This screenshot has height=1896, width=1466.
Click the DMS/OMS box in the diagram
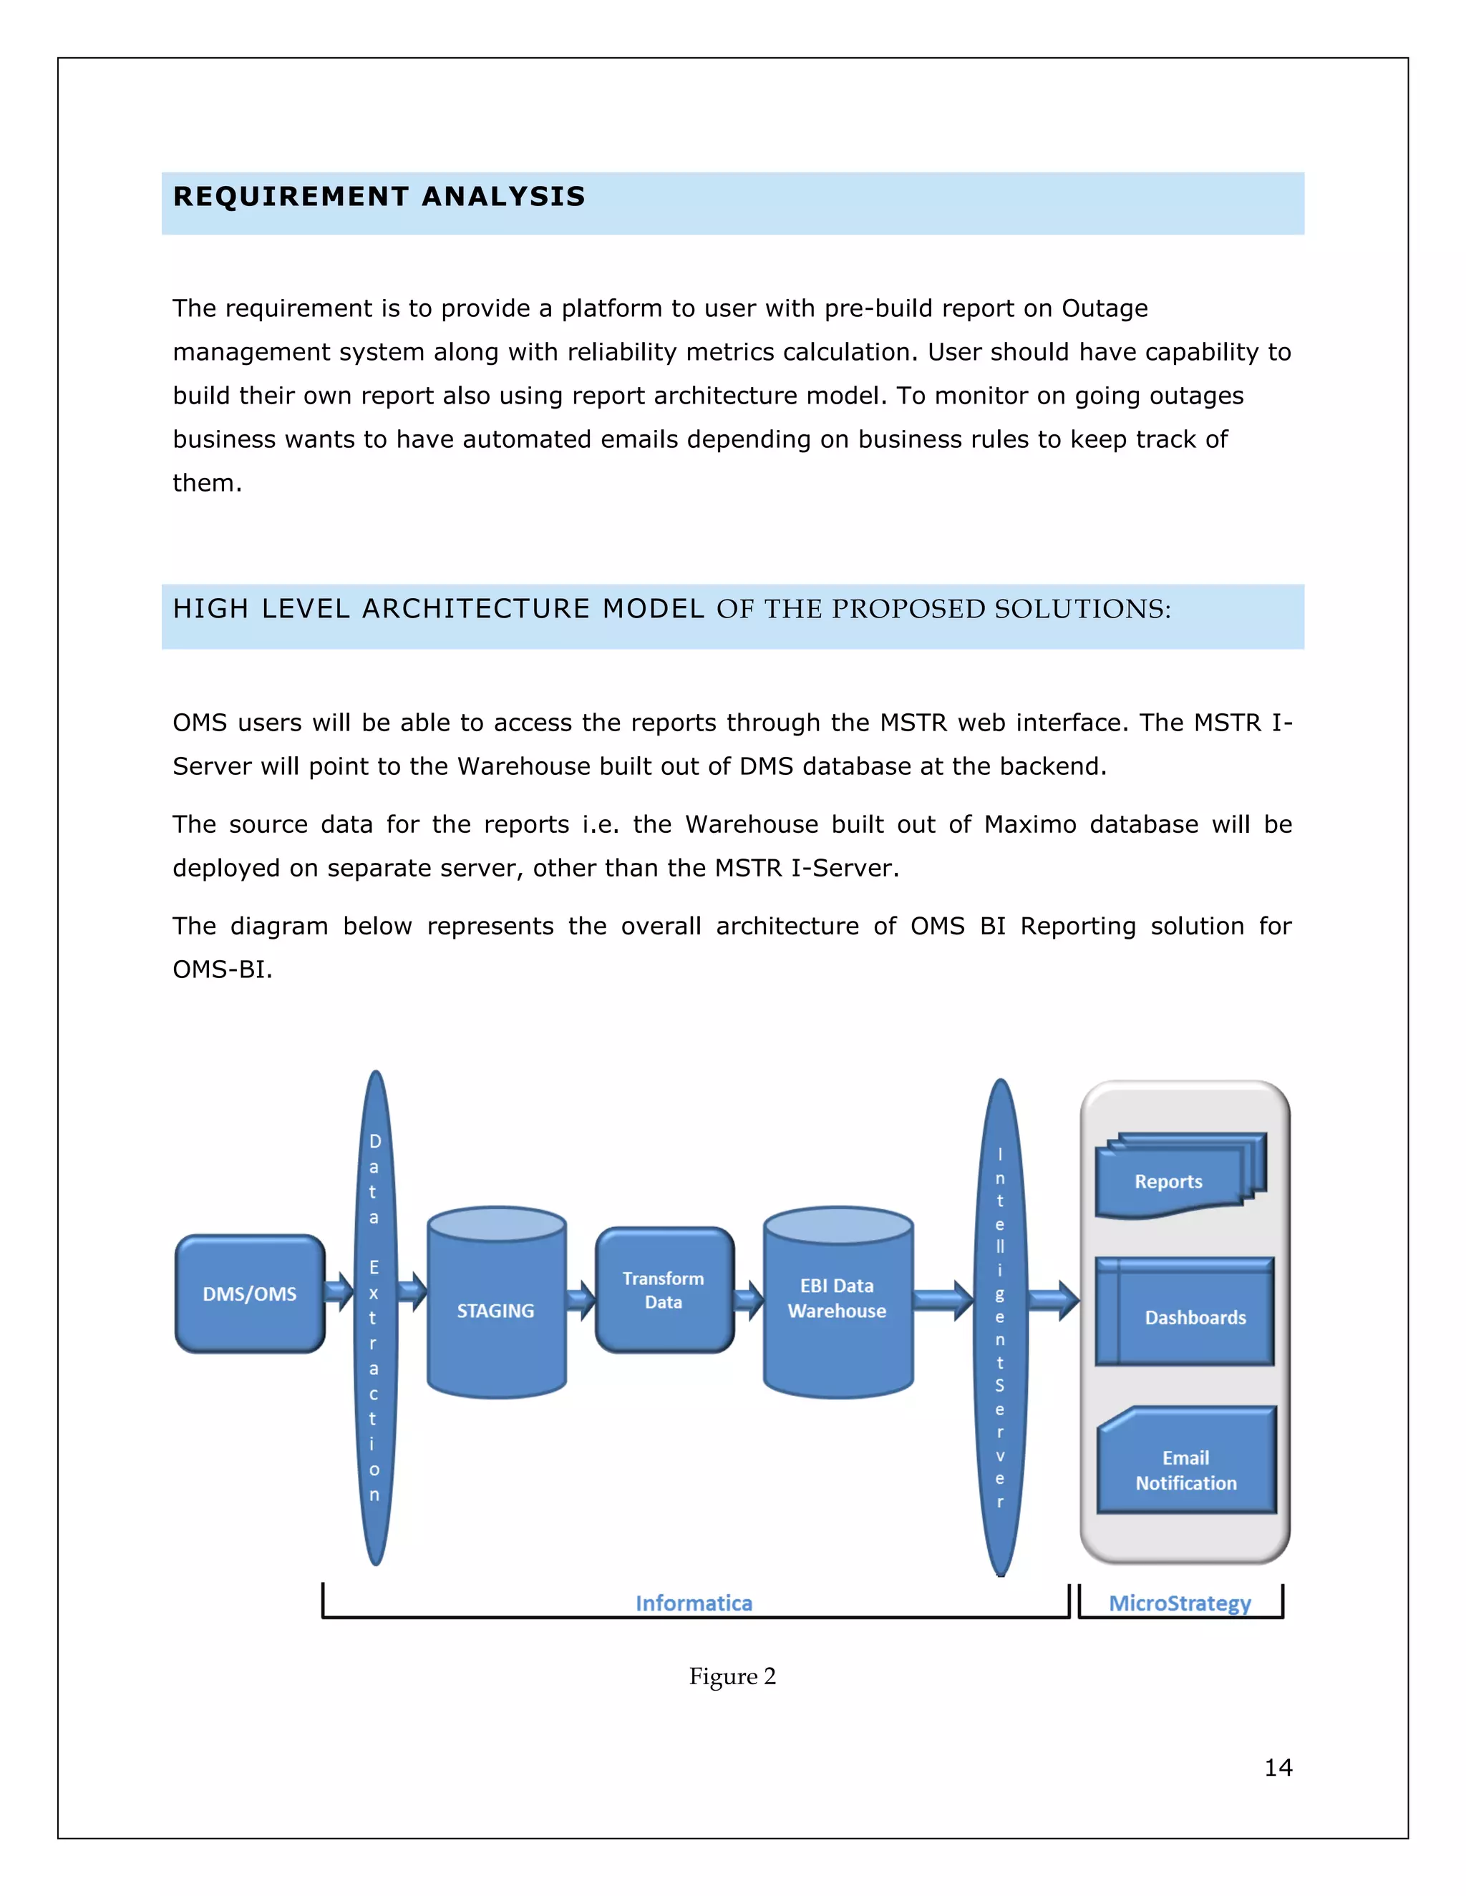pyautogui.click(x=250, y=1294)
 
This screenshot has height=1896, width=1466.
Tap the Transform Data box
pyautogui.click(x=664, y=1290)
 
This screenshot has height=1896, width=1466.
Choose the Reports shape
pyautogui.click(x=1169, y=1181)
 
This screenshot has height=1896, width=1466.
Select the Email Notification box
pyautogui.click(x=1186, y=1470)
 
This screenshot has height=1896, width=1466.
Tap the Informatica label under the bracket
pyautogui.click(x=694, y=1603)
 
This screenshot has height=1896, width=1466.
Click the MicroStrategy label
pyautogui.click(x=1180, y=1603)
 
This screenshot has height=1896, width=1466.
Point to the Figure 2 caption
pyautogui.click(x=732, y=1676)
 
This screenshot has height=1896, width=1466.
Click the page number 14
pyautogui.click(x=1278, y=1767)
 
